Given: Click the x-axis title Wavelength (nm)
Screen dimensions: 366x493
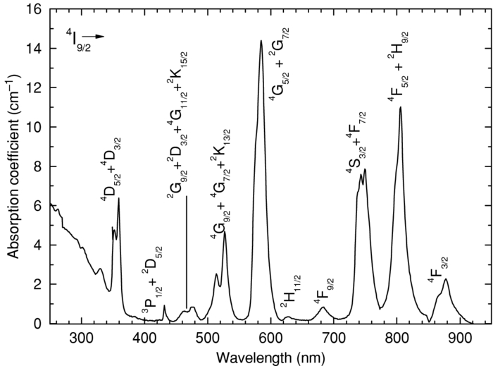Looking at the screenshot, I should pos(270,354).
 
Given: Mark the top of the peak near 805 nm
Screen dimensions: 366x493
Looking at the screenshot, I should pos(400,107).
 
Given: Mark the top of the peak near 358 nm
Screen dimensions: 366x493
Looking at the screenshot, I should pos(118,198).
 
